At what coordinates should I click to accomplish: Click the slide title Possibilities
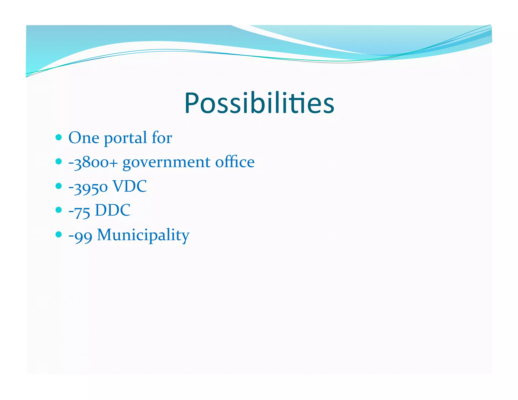pos(259,103)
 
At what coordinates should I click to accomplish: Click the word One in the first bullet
pos(84,138)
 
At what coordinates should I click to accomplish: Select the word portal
pos(125,138)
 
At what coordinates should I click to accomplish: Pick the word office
pos(235,162)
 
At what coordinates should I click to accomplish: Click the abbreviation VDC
pos(129,186)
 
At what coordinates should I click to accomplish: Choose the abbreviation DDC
pos(113,210)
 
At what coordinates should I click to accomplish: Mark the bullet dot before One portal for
pos(58,137)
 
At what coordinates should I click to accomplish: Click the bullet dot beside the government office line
pos(58,161)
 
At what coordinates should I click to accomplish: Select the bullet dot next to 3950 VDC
pos(58,186)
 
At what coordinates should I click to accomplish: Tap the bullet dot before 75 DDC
pos(58,210)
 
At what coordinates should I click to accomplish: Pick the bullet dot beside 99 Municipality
pos(58,234)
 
